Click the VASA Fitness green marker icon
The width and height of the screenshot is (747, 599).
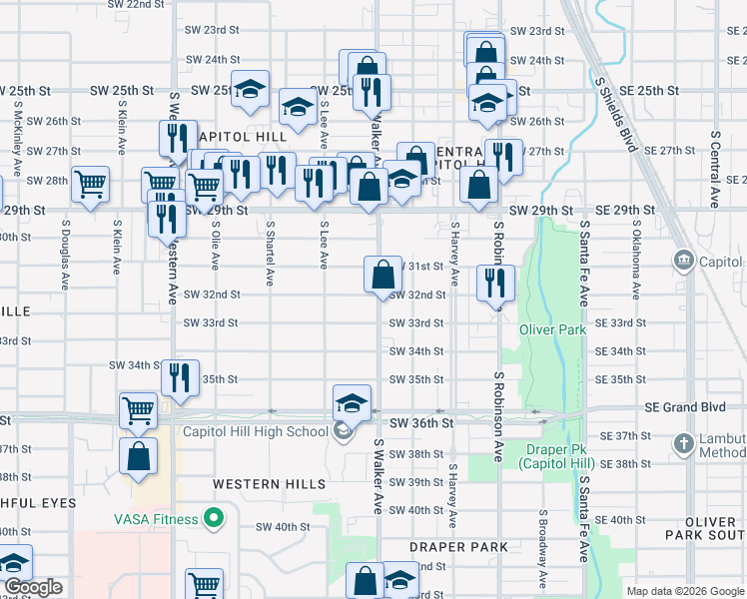[213, 518]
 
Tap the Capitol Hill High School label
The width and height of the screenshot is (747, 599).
[255, 431]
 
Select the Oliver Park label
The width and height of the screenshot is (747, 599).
[552, 329]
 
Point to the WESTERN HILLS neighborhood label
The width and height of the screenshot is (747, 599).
[269, 484]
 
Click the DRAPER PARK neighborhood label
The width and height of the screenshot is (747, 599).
[458, 547]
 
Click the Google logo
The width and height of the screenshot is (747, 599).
[34, 587]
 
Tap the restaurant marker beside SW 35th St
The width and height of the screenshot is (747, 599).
[180, 377]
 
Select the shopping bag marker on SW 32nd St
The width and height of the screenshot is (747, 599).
[382, 275]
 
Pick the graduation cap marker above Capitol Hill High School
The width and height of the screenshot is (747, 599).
[352, 402]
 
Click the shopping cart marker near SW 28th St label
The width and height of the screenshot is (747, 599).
[91, 183]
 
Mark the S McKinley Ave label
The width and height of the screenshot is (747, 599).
[19, 135]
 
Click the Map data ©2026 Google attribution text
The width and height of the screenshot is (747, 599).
[684, 591]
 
